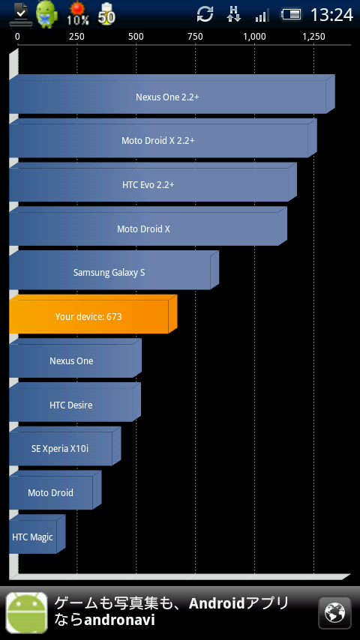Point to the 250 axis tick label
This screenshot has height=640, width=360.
76,37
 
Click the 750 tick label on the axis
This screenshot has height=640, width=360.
195,37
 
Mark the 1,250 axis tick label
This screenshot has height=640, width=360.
313,37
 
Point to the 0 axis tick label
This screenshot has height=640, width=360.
17,37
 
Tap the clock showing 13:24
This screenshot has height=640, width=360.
331,15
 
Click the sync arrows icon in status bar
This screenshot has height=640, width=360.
205,14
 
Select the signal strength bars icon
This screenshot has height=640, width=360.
262,16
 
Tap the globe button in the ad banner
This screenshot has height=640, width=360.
334,613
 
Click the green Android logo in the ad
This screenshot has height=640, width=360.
26,613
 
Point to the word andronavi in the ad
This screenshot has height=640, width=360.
119,621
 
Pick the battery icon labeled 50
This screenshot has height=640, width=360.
106,13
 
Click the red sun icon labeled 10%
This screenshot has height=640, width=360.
78,13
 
